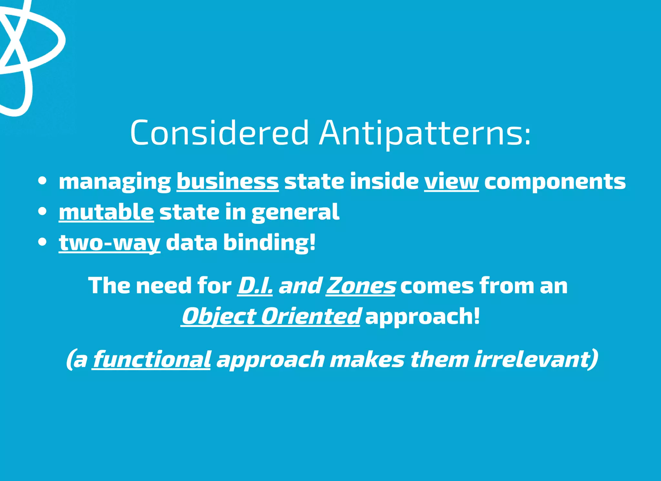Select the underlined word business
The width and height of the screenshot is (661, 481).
coord(228,181)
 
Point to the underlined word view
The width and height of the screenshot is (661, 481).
coord(451,181)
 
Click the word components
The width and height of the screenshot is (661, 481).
coord(555,182)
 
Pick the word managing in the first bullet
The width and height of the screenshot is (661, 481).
coord(115,182)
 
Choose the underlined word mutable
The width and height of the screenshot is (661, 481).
coord(106,212)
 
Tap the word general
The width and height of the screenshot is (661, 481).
coord(295,212)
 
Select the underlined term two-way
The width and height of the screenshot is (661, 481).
coord(109,242)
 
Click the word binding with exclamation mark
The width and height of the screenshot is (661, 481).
coord(269,242)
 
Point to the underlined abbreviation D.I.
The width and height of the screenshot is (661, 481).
coord(255,286)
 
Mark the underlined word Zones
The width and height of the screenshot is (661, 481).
coord(361,286)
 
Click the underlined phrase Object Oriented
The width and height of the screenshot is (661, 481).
coord(270,316)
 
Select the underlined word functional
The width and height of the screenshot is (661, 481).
coord(152,359)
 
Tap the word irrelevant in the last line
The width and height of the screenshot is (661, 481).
coord(536,359)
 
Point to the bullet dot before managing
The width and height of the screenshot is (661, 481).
coord(42,181)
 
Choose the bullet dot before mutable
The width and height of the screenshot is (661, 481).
coord(42,212)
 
